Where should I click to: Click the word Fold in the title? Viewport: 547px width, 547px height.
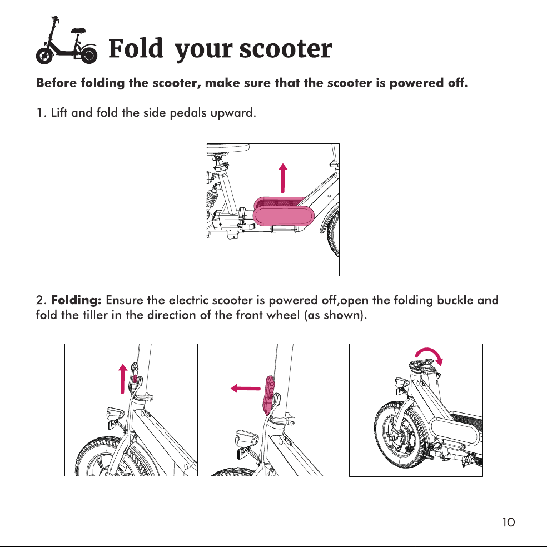click(x=136, y=48)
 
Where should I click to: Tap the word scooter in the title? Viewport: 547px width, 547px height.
click(x=285, y=49)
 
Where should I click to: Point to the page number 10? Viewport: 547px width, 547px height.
click(x=508, y=522)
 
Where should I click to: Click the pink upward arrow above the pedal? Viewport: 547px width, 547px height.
click(x=284, y=178)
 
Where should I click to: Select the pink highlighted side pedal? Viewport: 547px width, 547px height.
click(x=284, y=212)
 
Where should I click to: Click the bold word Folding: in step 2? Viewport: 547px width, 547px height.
click(x=76, y=300)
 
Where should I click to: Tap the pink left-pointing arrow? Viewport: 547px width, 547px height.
click(x=246, y=388)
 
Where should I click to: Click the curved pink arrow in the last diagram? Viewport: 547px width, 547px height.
click(x=430, y=353)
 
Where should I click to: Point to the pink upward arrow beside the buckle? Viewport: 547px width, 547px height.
click(x=123, y=379)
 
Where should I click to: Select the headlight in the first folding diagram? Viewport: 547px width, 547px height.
click(x=116, y=414)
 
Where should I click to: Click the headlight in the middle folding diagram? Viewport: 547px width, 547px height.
click(x=246, y=438)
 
